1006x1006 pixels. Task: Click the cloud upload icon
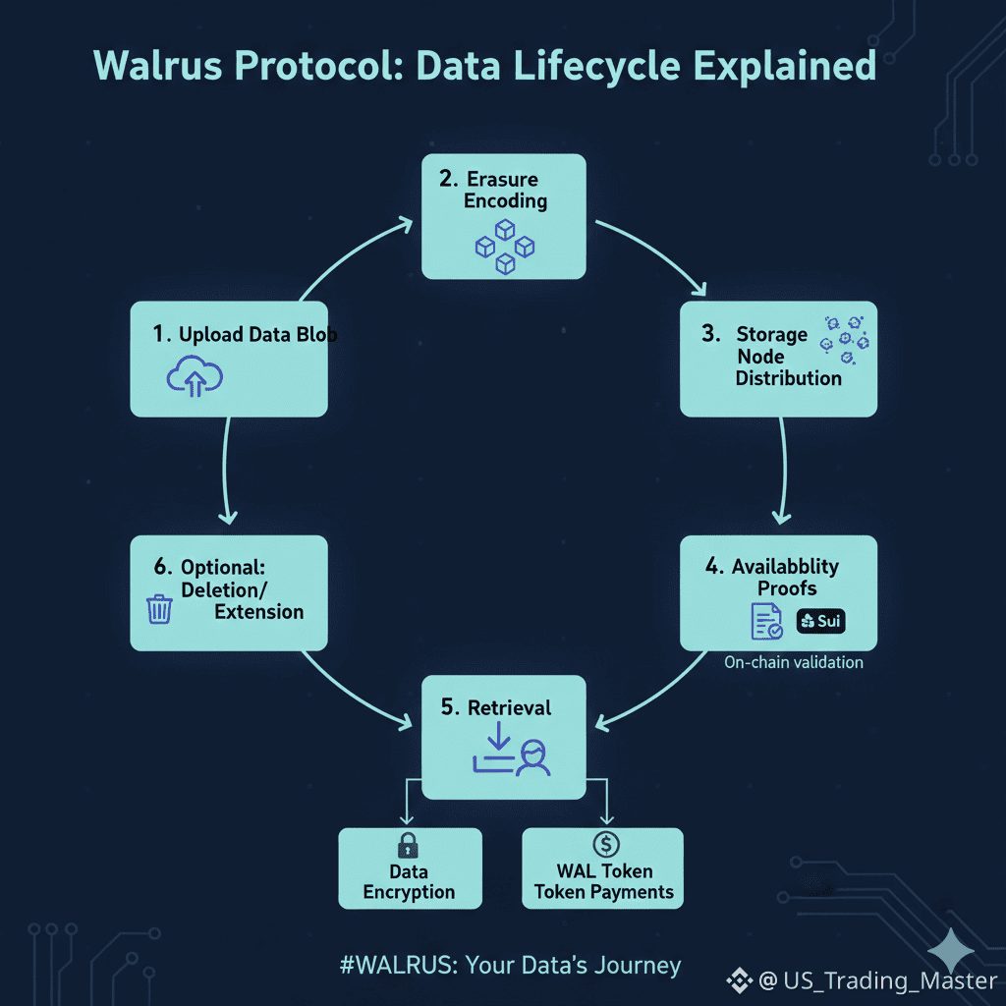click(x=196, y=376)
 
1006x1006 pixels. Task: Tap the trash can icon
click(x=159, y=609)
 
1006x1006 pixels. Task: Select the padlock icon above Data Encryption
click(x=407, y=846)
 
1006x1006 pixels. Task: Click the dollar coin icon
click(x=606, y=844)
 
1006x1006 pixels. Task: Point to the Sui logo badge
click(x=820, y=621)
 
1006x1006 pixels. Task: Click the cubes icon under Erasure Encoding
click(x=503, y=246)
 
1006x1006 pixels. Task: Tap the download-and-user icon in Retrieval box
click(x=511, y=753)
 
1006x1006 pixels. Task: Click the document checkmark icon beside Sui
click(x=766, y=622)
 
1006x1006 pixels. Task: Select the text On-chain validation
click(x=794, y=662)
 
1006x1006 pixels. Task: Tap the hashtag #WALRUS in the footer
click(x=398, y=965)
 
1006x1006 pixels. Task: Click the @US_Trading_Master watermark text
click(x=877, y=979)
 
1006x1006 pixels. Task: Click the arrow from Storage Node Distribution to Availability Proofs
click(x=783, y=472)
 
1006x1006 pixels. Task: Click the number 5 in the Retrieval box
click(x=450, y=708)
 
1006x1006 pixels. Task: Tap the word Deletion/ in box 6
click(x=225, y=589)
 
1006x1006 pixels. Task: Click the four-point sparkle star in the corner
click(x=952, y=950)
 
